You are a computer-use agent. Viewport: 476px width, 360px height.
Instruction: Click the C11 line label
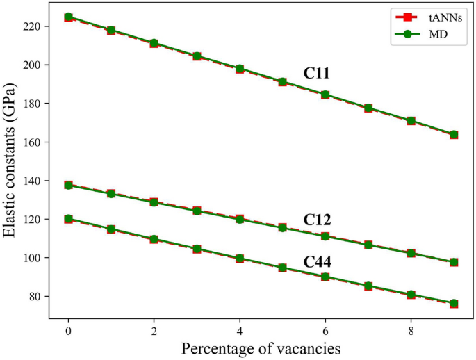coord(316,73)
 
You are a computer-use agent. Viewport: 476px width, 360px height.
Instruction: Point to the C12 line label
coord(316,220)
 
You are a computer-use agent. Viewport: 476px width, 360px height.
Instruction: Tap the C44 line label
coord(316,262)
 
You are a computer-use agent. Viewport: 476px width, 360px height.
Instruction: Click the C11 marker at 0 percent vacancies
coord(68,17)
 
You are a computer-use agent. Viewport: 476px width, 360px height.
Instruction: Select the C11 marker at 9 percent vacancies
coord(454,135)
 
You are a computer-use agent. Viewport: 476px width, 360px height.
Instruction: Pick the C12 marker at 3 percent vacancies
coord(197,211)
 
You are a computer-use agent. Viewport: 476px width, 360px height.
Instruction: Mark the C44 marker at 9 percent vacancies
coord(454,303)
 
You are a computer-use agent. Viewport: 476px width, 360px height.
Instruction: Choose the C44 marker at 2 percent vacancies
coord(154,239)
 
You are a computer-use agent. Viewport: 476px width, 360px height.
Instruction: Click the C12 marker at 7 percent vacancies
coord(368,245)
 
